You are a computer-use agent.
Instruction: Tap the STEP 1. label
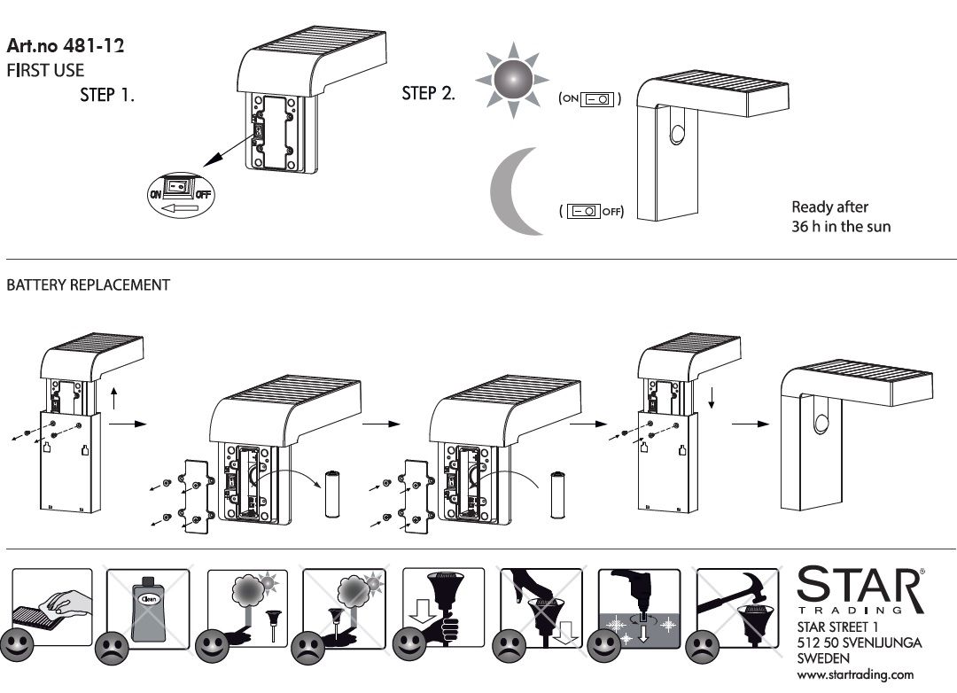click(107, 95)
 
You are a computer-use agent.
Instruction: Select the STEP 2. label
click(429, 93)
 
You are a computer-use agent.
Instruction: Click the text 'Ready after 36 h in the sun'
click(840, 217)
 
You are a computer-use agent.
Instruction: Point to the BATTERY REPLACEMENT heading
click(89, 285)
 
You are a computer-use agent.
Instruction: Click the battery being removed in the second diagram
click(335, 494)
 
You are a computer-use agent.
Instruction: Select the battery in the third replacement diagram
click(558, 494)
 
